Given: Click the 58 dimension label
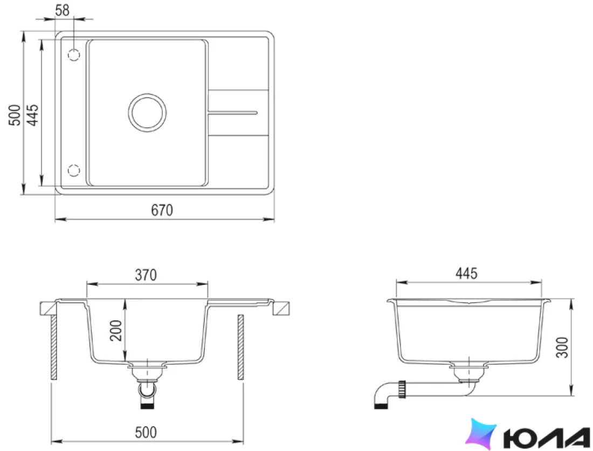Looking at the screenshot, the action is pyautogui.click(x=63, y=10).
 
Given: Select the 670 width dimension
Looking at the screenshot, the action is pyautogui.click(x=162, y=210).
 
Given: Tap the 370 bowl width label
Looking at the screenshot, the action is pyautogui.click(x=146, y=275).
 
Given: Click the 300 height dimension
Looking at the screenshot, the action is pyautogui.click(x=562, y=347).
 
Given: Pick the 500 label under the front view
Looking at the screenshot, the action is pyautogui.click(x=146, y=432).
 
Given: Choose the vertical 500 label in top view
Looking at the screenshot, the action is pyautogui.click(x=15, y=115).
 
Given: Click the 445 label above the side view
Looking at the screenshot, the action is pyautogui.click(x=466, y=273).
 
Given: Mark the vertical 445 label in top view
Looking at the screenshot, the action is pyautogui.click(x=32, y=115).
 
